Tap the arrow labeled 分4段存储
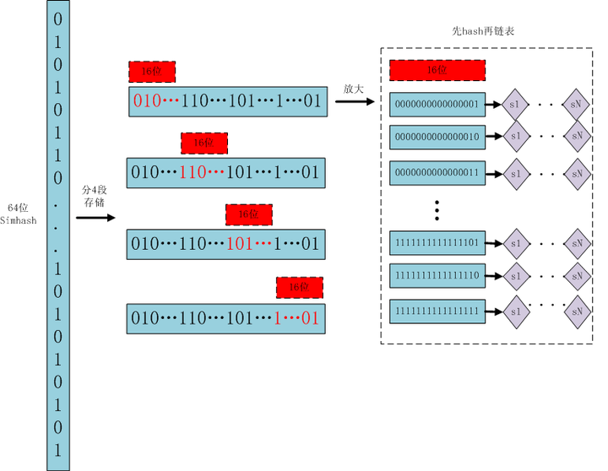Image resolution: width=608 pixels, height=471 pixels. pyautogui.click(x=95, y=218)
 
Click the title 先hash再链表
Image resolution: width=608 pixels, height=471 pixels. pyautogui.click(x=484, y=30)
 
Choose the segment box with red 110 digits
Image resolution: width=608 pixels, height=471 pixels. pyautogui.click(x=225, y=172)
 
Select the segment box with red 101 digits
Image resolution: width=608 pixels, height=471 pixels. pyautogui.click(x=225, y=244)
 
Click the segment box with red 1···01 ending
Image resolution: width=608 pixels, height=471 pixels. pyautogui.click(x=225, y=317)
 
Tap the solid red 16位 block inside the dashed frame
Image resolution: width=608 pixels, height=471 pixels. pyautogui.click(x=437, y=70)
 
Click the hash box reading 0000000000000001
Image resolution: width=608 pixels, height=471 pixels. pyautogui.click(x=437, y=105)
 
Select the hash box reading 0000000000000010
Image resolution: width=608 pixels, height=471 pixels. pyautogui.click(x=437, y=135)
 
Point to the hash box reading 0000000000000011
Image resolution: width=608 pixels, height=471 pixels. pyautogui.click(x=437, y=172)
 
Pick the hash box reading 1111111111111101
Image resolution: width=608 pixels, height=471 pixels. pyautogui.click(x=437, y=243)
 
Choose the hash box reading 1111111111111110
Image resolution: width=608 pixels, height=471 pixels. pyautogui.click(x=437, y=275)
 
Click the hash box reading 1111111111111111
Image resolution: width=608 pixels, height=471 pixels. pyautogui.click(x=437, y=311)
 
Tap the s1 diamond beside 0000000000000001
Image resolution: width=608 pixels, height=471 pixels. pyautogui.click(x=515, y=105)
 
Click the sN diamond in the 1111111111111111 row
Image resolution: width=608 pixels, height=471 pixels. pyautogui.click(x=578, y=311)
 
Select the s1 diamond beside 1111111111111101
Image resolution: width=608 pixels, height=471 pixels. pyautogui.click(x=515, y=243)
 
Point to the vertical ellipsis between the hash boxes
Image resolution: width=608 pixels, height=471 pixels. pyautogui.click(x=437, y=208)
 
